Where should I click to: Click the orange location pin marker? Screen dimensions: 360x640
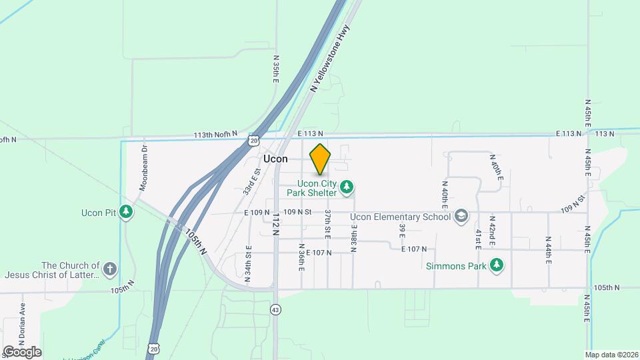tap(320, 159)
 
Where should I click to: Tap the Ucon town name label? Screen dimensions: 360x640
tap(275, 159)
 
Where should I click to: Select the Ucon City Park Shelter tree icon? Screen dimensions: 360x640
tap(346, 187)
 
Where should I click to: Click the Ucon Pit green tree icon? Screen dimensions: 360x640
tap(126, 212)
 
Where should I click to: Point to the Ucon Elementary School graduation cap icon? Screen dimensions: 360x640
tap(461, 216)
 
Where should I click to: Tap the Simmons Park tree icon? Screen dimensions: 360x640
tap(496, 266)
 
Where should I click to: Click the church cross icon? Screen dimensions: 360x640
tap(110, 270)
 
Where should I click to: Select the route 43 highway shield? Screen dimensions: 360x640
tap(276, 309)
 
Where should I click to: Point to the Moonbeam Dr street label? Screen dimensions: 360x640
tap(143, 168)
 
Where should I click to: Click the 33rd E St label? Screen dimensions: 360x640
tap(251, 181)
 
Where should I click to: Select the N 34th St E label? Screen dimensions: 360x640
tap(247, 264)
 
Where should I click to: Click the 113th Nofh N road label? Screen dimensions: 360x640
tap(215, 135)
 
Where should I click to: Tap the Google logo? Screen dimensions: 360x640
tap(21, 351)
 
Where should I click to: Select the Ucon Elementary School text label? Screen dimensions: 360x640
tap(405, 217)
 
